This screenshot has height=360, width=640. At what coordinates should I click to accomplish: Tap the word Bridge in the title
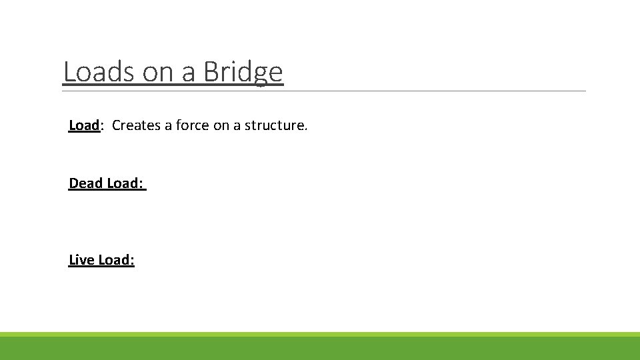[243, 72]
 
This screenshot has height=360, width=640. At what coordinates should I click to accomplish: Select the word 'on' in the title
[159, 72]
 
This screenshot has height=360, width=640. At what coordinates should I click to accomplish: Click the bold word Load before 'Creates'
[83, 125]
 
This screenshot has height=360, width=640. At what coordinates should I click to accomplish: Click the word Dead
[85, 183]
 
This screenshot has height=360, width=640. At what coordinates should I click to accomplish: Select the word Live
[81, 260]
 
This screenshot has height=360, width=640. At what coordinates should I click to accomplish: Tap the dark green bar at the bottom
[320, 349]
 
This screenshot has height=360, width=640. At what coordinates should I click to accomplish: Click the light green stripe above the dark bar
[320, 334]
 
